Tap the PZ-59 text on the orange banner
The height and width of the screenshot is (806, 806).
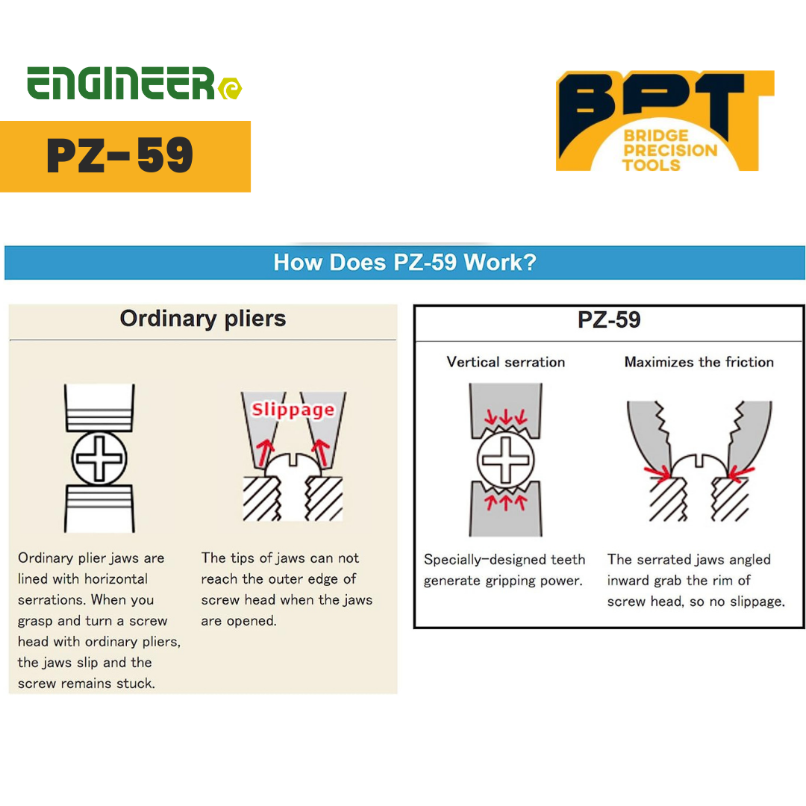[x=120, y=156]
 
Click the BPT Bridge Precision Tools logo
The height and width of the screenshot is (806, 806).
[x=664, y=122]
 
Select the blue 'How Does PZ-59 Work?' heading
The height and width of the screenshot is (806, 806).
[x=404, y=263]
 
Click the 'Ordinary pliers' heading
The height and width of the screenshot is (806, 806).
[x=202, y=319]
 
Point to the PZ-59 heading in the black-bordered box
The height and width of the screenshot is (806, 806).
[x=608, y=320]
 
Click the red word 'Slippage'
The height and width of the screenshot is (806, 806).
[x=293, y=410]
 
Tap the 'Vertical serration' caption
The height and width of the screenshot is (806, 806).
[x=505, y=362]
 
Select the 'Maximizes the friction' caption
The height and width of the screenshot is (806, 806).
[x=699, y=362]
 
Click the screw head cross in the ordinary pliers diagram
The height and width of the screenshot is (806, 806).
[x=99, y=457]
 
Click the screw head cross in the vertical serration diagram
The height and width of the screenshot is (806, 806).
[x=505, y=459]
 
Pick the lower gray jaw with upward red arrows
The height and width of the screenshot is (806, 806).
[x=505, y=511]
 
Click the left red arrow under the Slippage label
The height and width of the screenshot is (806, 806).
[x=262, y=452]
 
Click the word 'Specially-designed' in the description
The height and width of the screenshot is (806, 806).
[x=478, y=560]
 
